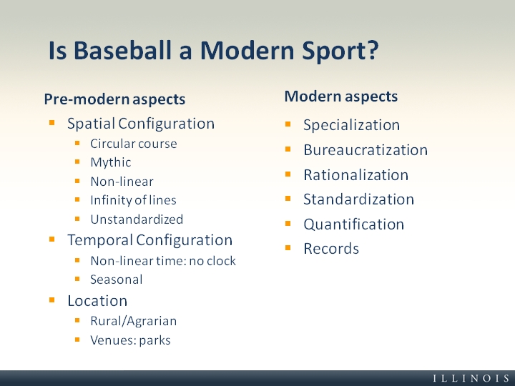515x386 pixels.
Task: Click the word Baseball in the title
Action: pos(122,51)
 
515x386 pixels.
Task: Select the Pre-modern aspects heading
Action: pos(114,99)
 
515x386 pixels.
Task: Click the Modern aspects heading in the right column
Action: pos(341,96)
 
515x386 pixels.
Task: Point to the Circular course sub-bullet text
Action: pos(134,144)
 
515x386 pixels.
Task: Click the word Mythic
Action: pos(111,162)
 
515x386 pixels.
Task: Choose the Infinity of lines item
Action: pos(133,200)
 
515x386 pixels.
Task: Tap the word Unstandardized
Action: pos(137,219)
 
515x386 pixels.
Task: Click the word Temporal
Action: pos(100,240)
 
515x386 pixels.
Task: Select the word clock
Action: pos(221,261)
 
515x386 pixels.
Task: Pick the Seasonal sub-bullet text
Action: pos(117,279)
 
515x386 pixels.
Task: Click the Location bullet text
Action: pos(97,301)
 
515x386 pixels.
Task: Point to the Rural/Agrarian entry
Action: pos(133,321)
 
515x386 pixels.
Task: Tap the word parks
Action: pos(154,340)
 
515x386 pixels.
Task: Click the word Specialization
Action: pos(351,125)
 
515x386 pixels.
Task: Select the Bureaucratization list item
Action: pos(366,150)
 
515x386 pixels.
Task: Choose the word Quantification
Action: pos(354,224)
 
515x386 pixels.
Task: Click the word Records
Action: pos(331,249)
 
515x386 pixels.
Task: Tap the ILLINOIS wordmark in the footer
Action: pos(471,378)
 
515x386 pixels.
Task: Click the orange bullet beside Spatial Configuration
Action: pos(52,123)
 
